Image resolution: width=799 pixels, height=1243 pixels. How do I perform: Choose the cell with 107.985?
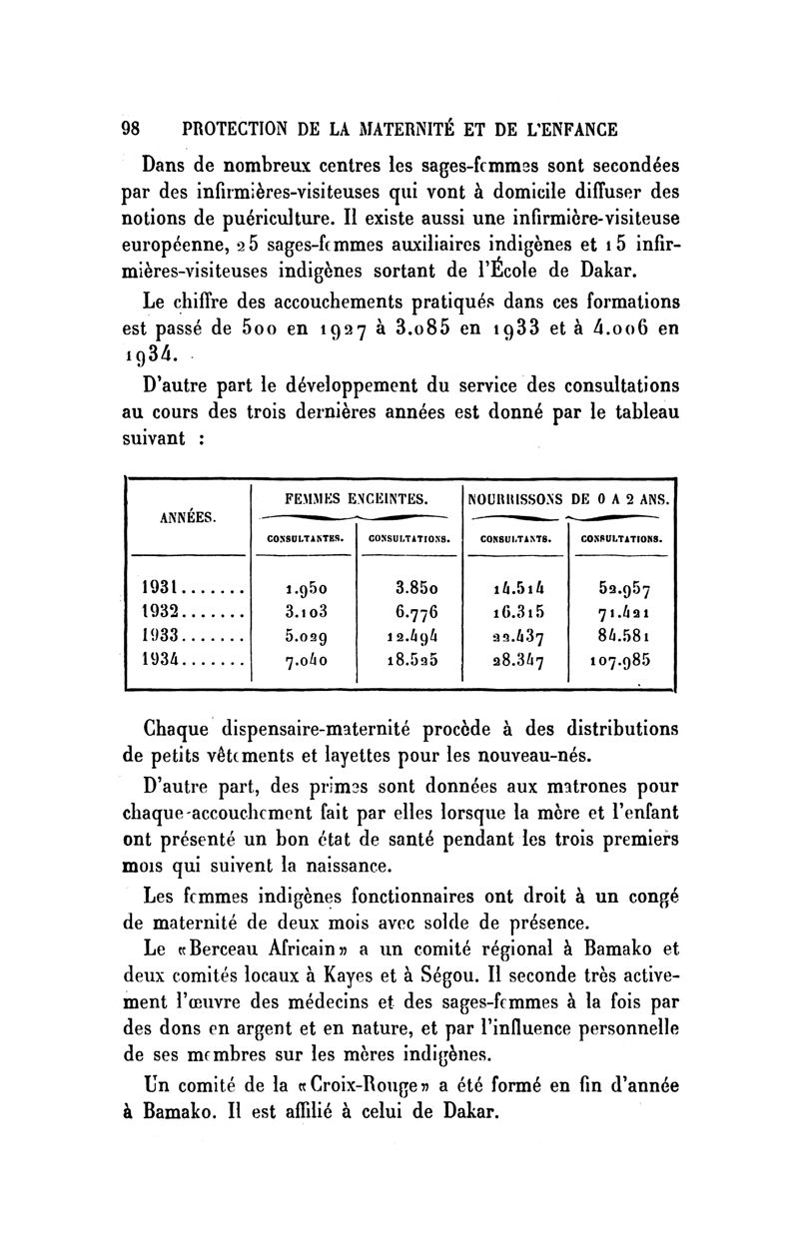(620, 660)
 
